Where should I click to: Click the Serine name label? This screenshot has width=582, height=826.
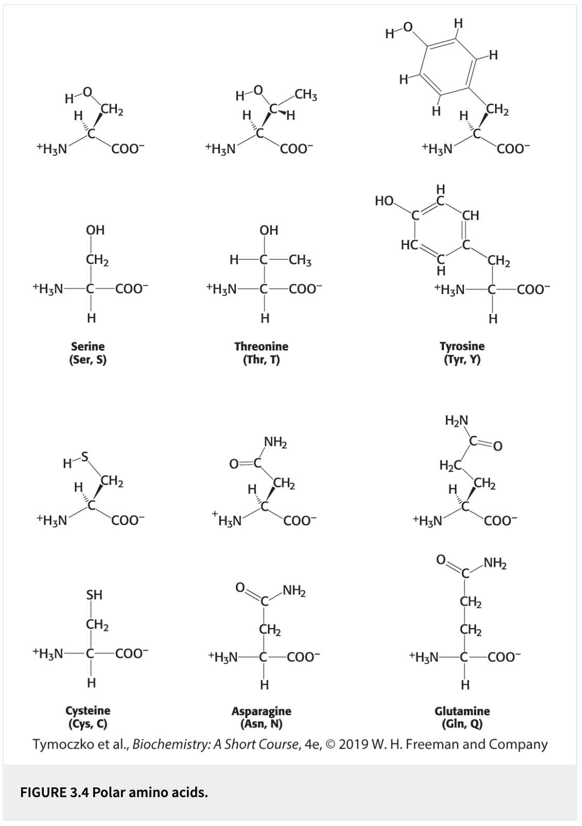click(x=88, y=346)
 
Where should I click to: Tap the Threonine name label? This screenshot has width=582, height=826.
click(x=261, y=346)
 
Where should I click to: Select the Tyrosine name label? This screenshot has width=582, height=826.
click(x=461, y=346)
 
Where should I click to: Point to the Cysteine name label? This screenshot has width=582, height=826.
click(x=88, y=711)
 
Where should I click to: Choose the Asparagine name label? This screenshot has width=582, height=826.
click(x=261, y=711)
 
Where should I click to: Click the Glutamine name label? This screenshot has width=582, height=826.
click(x=462, y=711)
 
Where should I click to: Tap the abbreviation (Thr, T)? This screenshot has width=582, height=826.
click(x=261, y=359)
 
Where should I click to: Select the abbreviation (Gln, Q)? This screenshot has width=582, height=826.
click(x=462, y=724)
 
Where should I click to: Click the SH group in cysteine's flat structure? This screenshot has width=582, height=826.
click(x=94, y=595)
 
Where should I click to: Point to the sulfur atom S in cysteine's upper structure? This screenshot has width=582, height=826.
click(x=85, y=456)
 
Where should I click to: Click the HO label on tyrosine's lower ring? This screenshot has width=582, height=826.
click(x=384, y=201)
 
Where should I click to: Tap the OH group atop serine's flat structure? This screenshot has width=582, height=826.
click(x=95, y=230)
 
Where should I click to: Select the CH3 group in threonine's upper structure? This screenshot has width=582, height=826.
click(x=306, y=95)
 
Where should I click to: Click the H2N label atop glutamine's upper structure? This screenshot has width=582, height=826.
click(x=456, y=421)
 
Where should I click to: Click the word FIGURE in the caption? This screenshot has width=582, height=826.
click(x=43, y=792)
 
